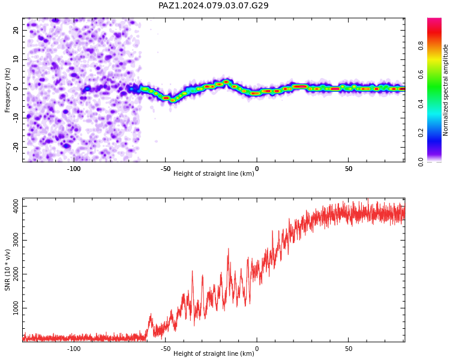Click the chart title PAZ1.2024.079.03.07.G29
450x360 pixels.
214,5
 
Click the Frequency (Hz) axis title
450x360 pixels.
7,90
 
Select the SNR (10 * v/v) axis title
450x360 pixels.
7,270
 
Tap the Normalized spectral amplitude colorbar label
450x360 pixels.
445,90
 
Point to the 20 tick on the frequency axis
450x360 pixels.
16,30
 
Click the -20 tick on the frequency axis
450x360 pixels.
16,148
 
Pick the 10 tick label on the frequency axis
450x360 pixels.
16,59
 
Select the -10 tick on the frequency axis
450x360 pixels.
16,118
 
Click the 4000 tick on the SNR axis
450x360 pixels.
16,206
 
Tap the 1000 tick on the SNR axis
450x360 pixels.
16,308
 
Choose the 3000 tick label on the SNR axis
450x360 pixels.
16,240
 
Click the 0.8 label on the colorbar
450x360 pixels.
421,46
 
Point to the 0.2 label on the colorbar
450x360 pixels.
421,133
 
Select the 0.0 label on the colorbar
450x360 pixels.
421,162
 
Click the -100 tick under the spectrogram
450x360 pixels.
74,169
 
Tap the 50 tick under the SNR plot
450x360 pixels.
349,349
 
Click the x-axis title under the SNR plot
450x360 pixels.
214,353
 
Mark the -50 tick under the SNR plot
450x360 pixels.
166,349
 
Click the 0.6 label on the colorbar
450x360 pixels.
421,75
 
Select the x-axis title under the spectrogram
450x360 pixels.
214,173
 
